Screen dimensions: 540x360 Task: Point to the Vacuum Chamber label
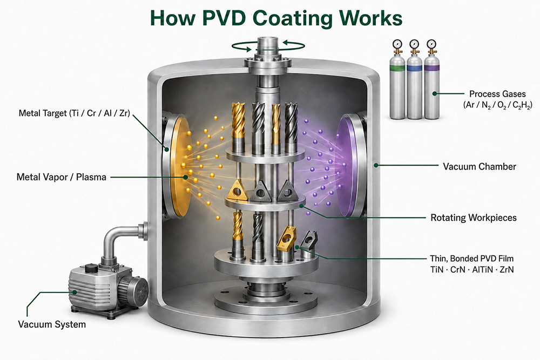480,167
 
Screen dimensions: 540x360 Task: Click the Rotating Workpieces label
474,218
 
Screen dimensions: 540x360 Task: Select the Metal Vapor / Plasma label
62,177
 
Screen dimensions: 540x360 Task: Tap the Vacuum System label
52,324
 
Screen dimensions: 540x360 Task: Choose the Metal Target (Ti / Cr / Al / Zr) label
75,113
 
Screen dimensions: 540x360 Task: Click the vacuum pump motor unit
108,287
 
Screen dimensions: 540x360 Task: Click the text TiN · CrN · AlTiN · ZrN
472,269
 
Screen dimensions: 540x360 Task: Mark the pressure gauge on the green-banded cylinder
397,44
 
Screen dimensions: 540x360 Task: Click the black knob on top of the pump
91,268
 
